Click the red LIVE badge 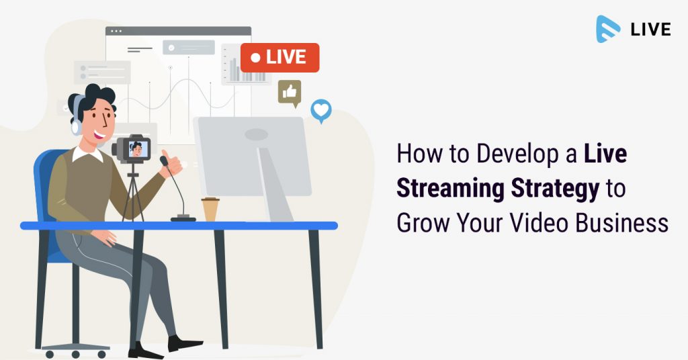coord(280,58)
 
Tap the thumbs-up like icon coord(290,93)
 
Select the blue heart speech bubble coord(321,110)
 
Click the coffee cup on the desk coord(210,209)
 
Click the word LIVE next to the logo coord(650,30)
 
